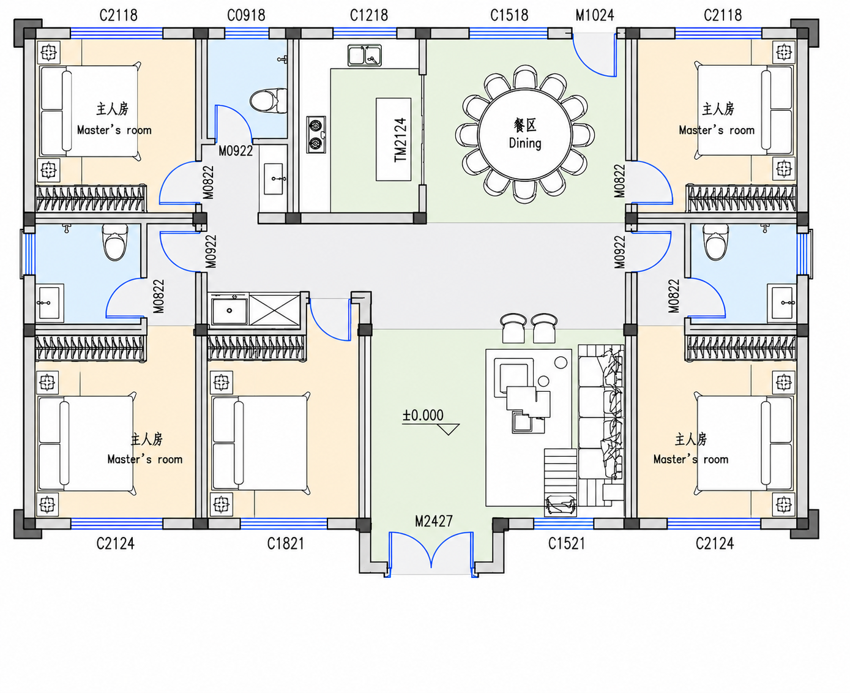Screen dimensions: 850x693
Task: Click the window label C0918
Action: [x=246, y=15]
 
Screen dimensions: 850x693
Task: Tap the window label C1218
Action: [x=369, y=15]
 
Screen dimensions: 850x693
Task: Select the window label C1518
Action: [x=509, y=15]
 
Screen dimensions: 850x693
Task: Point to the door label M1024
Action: [x=595, y=15]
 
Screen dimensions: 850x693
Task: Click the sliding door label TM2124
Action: [x=400, y=140]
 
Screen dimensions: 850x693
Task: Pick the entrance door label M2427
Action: [x=434, y=521]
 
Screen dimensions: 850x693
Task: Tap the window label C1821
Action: [x=285, y=543]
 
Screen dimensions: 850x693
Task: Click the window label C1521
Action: [x=566, y=543]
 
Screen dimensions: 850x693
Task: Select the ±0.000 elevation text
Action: [x=423, y=415]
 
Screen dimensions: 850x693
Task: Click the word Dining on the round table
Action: [x=525, y=143]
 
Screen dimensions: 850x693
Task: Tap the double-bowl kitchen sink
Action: [x=364, y=55]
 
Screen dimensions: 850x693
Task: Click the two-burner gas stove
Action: [x=316, y=135]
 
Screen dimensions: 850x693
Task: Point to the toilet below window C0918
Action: [x=268, y=100]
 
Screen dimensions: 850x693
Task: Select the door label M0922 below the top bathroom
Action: [x=236, y=151]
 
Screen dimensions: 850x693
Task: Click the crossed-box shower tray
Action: [x=275, y=309]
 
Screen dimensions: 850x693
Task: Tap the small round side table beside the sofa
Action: [x=561, y=362]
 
